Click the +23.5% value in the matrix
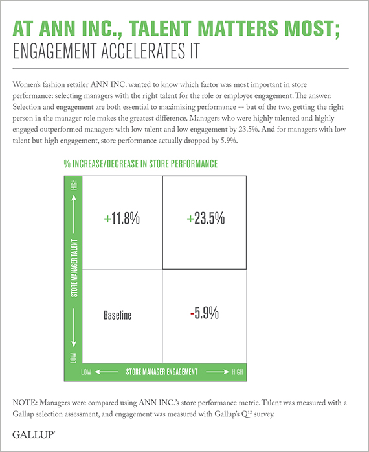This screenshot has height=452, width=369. pyautogui.click(x=205, y=218)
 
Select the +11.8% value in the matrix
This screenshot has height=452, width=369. pyautogui.click(x=122, y=218)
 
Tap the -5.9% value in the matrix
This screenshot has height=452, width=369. pyautogui.click(x=205, y=313)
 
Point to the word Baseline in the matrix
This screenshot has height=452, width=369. pyautogui.click(x=117, y=315)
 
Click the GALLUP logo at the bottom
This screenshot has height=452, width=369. pyautogui.click(x=34, y=434)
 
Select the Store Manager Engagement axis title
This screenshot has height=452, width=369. pyautogui.click(x=162, y=372)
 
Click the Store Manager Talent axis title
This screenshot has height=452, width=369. pyautogui.click(x=74, y=268)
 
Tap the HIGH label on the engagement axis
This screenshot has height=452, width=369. pyautogui.click(x=238, y=372)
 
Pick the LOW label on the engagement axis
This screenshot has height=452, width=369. pyautogui.click(x=86, y=372)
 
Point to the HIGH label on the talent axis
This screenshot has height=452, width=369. pyautogui.click(x=74, y=184)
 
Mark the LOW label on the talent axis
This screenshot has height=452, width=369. pyautogui.click(x=74, y=358)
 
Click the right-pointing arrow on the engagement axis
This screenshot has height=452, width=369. pyautogui.click(x=218, y=372)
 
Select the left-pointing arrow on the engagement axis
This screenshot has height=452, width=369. pyautogui.click(x=106, y=372)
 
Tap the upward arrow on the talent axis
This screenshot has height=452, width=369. pyautogui.click(x=74, y=214)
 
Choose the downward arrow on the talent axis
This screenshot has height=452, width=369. pyautogui.click(x=74, y=327)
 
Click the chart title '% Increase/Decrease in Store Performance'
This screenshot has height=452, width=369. pyautogui.click(x=140, y=163)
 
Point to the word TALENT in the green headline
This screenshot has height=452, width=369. pyautogui.click(x=160, y=29)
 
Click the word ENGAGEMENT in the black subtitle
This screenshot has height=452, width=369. pyautogui.click(x=54, y=51)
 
